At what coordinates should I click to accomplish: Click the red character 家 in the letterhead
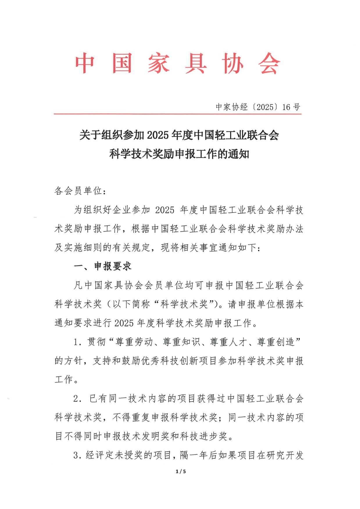pos(158,63)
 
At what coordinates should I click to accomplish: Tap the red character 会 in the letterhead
pos(269,63)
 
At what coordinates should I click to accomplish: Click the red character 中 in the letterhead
pos(85,63)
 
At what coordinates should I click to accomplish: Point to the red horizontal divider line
pos(178,114)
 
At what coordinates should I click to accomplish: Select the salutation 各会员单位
pos(78,191)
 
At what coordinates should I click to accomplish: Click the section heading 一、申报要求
pos(103,266)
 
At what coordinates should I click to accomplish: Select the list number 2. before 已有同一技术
pos(78,399)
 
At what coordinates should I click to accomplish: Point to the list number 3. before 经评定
pos(77,455)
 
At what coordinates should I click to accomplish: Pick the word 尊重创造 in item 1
pos(276,342)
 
